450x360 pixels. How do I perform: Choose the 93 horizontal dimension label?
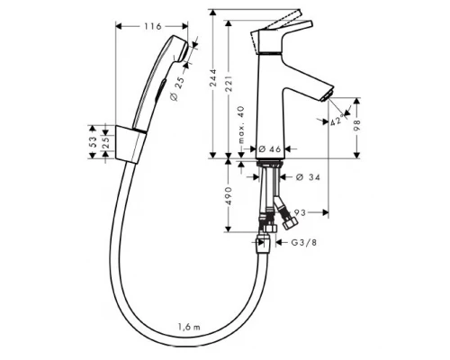click(301, 212)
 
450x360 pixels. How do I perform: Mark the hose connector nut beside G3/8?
click(265, 242)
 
